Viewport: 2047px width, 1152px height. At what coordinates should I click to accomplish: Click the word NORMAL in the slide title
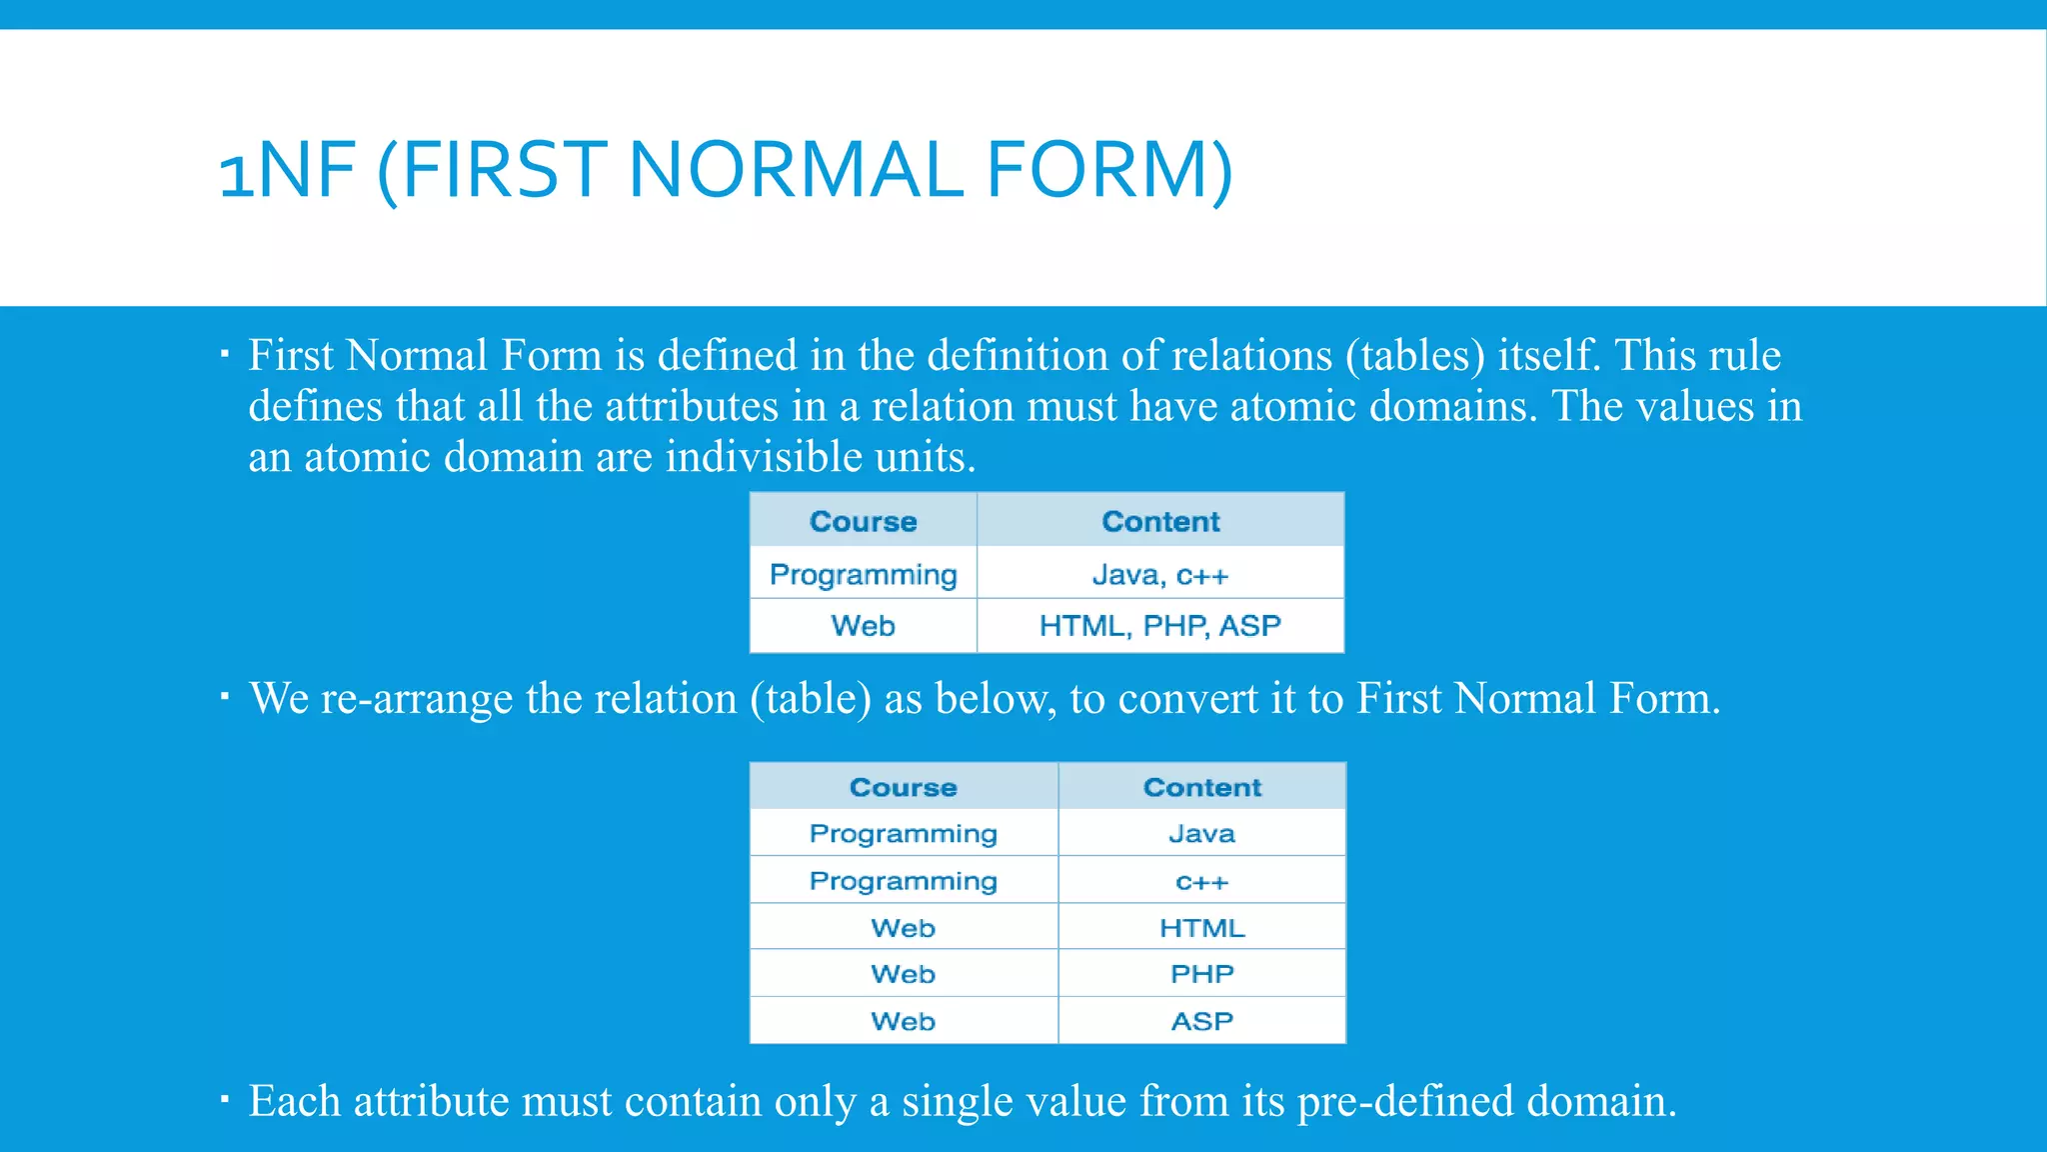click(x=796, y=169)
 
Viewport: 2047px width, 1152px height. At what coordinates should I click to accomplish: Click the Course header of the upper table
click(x=863, y=521)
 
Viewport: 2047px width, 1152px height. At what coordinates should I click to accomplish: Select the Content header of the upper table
click(x=1160, y=521)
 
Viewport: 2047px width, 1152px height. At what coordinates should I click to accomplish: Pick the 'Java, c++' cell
click(x=1160, y=575)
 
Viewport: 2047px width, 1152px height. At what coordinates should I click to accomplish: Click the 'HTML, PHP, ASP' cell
click(x=1160, y=626)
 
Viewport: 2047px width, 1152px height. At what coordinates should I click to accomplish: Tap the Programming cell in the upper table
click(x=863, y=575)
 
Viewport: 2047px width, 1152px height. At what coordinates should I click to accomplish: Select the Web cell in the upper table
click(x=863, y=626)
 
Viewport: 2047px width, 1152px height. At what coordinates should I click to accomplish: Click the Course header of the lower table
click(x=903, y=787)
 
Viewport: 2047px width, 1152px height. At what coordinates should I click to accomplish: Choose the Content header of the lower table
click(x=1202, y=787)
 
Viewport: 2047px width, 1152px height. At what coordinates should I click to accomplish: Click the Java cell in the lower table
click(x=1202, y=834)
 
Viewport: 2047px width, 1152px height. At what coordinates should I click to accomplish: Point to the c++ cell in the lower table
click(x=1202, y=882)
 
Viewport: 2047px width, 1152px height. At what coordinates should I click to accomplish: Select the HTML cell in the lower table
click(x=1202, y=928)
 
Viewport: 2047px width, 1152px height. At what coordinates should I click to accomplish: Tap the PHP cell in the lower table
click(x=1202, y=974)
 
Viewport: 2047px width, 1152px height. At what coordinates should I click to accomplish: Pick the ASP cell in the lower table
click(x=1202, y=1021)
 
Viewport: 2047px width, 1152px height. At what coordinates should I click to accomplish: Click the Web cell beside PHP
click(x=903, y=974)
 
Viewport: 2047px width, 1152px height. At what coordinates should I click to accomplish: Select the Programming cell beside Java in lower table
click(x=903, y=834)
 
